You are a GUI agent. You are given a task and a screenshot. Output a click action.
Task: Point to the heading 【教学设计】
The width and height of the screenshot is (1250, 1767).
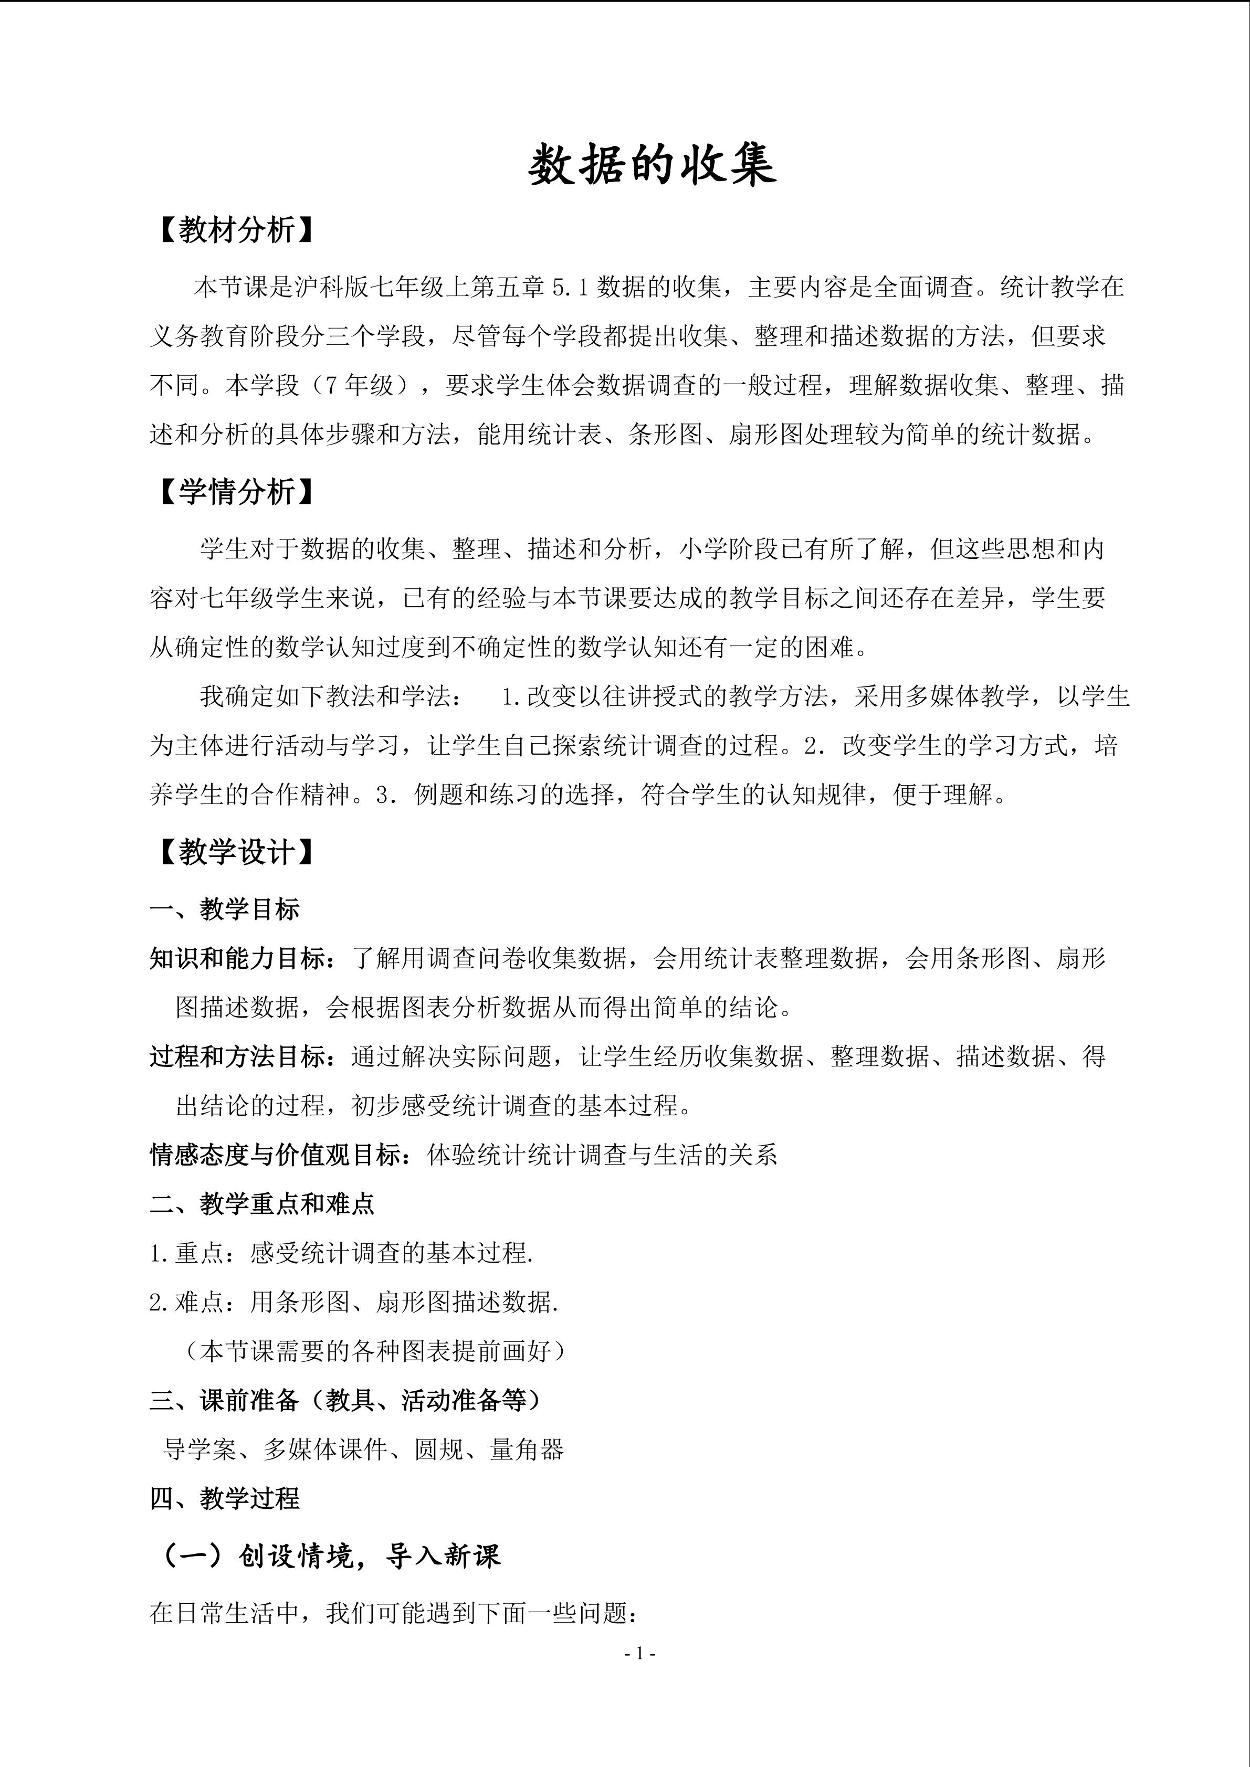[236, 852]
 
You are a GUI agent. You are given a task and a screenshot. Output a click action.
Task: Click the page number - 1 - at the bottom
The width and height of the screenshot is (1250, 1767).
[639, 1653]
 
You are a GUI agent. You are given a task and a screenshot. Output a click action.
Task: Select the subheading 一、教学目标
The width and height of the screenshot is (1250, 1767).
[224, 909]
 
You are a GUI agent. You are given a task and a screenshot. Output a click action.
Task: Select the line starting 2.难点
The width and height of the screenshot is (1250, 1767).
[354, 1302]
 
